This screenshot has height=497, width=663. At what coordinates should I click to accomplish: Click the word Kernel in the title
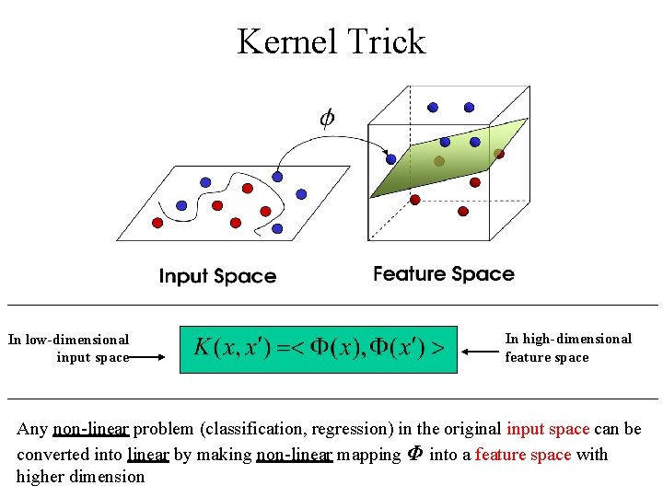286,41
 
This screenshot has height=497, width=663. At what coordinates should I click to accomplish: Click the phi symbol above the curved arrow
327,118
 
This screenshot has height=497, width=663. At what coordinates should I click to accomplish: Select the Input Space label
217,276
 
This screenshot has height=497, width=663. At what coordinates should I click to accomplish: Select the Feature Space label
444,273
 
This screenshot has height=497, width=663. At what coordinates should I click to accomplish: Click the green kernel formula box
318,348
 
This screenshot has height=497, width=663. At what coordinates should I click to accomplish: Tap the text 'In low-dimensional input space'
69,348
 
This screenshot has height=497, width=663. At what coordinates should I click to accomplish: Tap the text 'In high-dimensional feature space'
567,347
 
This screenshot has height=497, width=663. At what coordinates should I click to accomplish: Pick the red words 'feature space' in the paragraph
523,454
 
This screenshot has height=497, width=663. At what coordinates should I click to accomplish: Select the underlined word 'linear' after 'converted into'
148,454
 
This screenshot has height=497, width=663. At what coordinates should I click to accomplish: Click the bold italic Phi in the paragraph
414,454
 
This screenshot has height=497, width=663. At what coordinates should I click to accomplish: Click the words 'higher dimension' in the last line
80,477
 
